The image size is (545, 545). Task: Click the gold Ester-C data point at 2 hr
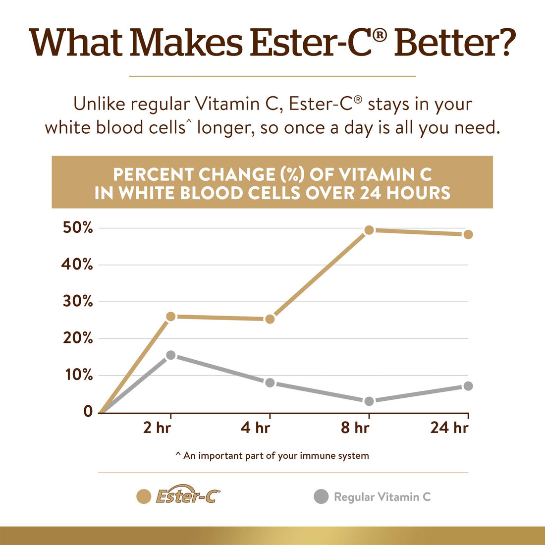(x=171, y=317)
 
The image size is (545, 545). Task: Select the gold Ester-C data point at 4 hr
(x=270, y=319)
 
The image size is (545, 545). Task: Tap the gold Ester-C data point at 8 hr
(x=369, y=230)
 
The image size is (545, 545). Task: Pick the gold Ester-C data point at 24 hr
(x=468, y=234)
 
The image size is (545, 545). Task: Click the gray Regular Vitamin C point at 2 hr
(x=171, y=355)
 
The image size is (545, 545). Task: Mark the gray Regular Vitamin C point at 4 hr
(x=270, y=382)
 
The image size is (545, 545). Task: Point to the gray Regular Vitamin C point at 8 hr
(x=369, y=401)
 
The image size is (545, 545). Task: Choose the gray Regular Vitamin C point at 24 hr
(x=468, y=386)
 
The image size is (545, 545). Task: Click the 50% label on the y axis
(x=78, y=228)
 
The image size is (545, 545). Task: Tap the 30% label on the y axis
(x=78, y=301)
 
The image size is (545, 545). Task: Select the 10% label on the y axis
(x=78, y=375)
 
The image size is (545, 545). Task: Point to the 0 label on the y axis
(x=88, y=411)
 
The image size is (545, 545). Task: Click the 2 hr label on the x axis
(x=157, y=428)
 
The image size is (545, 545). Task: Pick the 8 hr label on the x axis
(x=355, y=428)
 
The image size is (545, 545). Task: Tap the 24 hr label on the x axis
(x=449, y=428)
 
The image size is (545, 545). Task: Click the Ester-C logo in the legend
(x=188, y=496)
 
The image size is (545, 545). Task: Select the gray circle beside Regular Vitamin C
(x=321, y=496)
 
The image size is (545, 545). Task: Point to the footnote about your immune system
(x=272, y=455)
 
